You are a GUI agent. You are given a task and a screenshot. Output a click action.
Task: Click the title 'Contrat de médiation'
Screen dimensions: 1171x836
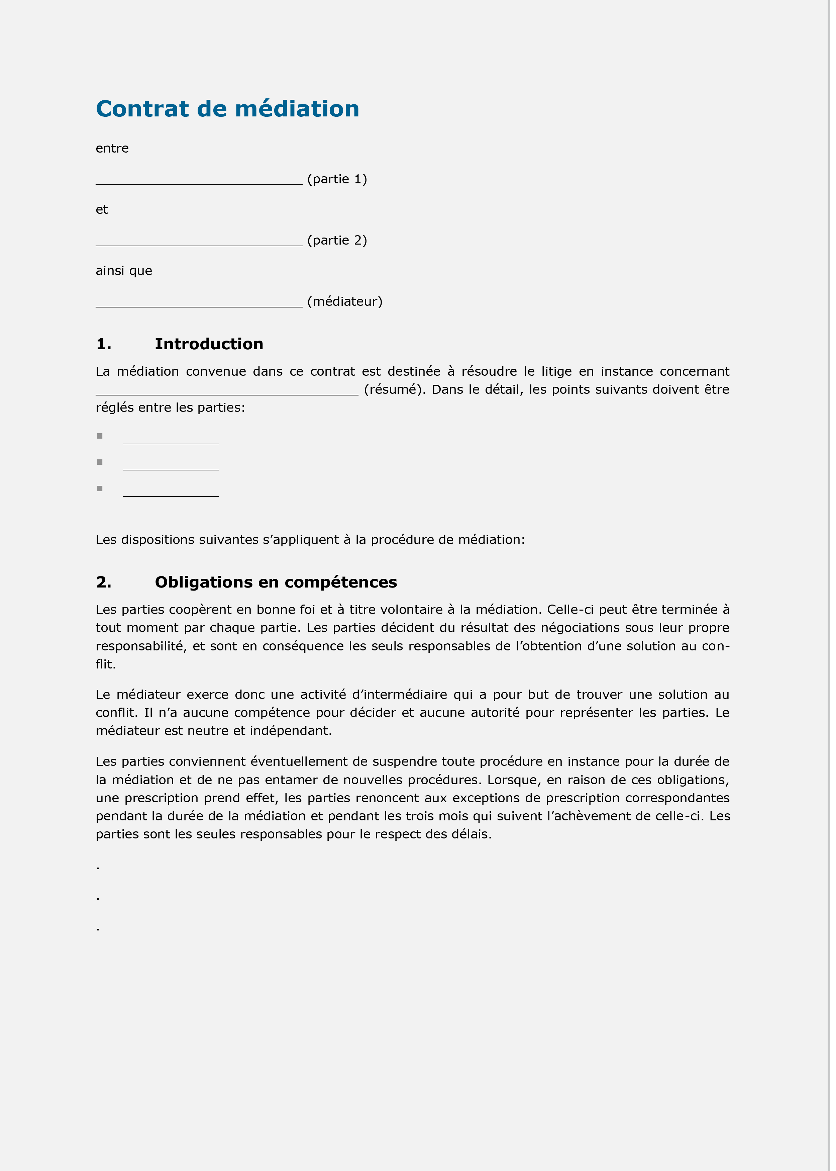227,109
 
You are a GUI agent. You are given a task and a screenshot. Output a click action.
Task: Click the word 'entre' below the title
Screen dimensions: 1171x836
112,148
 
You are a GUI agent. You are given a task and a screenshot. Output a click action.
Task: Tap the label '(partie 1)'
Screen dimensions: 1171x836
337,179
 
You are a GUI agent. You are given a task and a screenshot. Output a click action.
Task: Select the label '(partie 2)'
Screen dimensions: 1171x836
337,241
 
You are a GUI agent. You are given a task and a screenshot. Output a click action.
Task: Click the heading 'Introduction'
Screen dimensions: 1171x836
209,344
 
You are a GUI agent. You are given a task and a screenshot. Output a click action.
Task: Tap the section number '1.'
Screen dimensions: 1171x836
103,344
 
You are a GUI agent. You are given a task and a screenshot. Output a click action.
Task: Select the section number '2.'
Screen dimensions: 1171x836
103,582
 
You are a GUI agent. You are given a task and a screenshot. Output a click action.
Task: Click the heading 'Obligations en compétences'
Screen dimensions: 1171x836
276,582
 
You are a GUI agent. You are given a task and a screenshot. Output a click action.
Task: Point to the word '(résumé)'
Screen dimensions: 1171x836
394,390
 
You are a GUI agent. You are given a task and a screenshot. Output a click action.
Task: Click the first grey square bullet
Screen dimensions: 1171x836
100,436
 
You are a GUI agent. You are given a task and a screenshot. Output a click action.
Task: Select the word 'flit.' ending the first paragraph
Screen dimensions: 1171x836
106,664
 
